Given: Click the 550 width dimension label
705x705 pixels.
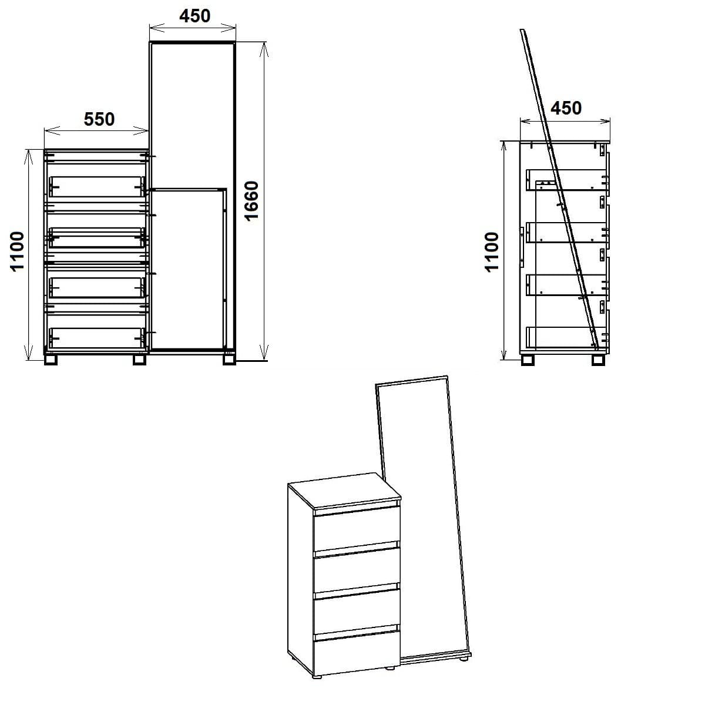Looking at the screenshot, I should tap(99, 119).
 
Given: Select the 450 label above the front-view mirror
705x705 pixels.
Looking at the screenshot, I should tap(194, 16).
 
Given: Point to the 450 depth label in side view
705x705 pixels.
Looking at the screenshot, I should tap(566, 108).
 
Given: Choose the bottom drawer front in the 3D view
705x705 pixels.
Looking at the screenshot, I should tap(357, 656).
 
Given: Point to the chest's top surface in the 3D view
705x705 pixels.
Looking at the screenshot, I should tap(344, 490).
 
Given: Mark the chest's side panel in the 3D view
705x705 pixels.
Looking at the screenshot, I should tap(300, 582).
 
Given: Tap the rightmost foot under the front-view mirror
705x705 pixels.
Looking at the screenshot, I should tap(229, 359).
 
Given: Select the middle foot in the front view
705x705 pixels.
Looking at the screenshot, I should tap(139, 359).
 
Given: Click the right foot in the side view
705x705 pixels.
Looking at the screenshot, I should tap(599, 360).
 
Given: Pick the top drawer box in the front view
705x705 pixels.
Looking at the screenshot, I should tap(97, 186).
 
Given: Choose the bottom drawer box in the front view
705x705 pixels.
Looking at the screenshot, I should tap(97, 337).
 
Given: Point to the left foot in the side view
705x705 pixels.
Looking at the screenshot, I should tap(529, 360).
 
